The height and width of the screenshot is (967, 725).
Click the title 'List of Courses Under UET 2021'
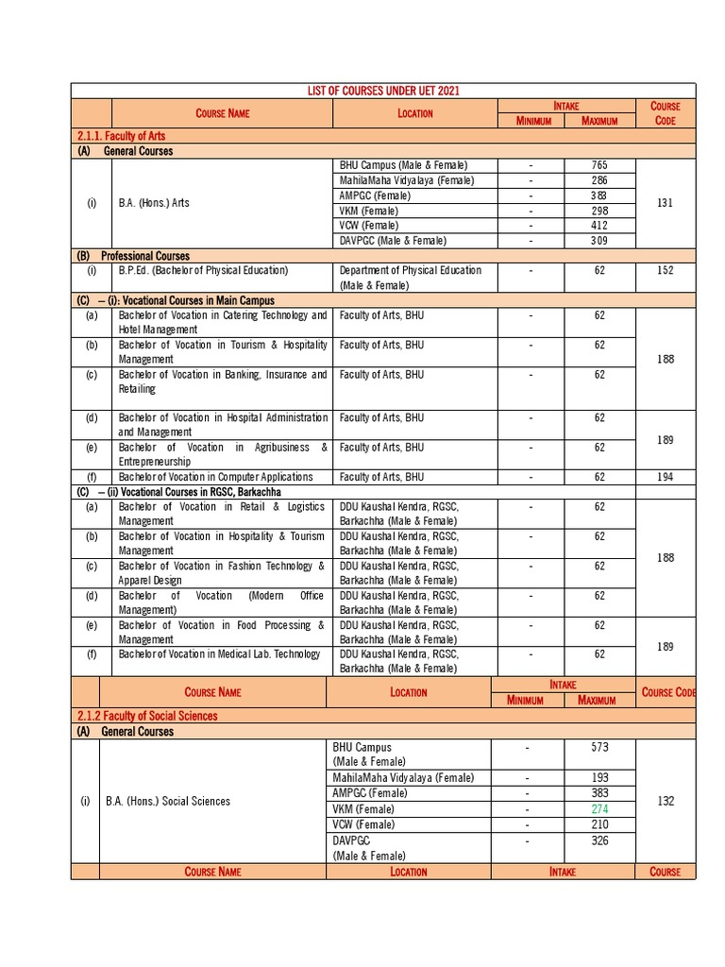click(x=383, y=91)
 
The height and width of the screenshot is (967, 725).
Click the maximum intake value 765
click(x=599, y=165)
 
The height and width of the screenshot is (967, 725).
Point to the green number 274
click(x=599, y=809)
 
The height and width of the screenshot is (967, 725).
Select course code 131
click(x=666, y=203)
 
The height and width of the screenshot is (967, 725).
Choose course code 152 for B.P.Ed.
click(x=666, y=270)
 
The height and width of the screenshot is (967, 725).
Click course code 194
click(x=666, y=477)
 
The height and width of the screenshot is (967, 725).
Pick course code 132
click(x=666, y=801)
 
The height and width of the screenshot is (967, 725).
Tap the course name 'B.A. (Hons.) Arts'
click(x=154, y=203)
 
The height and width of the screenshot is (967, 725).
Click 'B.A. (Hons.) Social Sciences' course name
click(x=168, y=801)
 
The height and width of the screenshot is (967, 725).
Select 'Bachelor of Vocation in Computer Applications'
click(x=215, y=477)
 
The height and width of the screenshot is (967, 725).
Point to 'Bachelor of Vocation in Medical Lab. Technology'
click(x=219, y=654)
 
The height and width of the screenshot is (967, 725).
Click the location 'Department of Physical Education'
click(x=410, y=270)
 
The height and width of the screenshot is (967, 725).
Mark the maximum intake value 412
click(x=599, y=226)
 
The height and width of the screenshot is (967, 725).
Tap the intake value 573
click(x=599, y=747)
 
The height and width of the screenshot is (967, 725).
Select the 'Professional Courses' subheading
click(x=146, y=256)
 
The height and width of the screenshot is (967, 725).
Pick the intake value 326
click(x=599, y=840)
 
